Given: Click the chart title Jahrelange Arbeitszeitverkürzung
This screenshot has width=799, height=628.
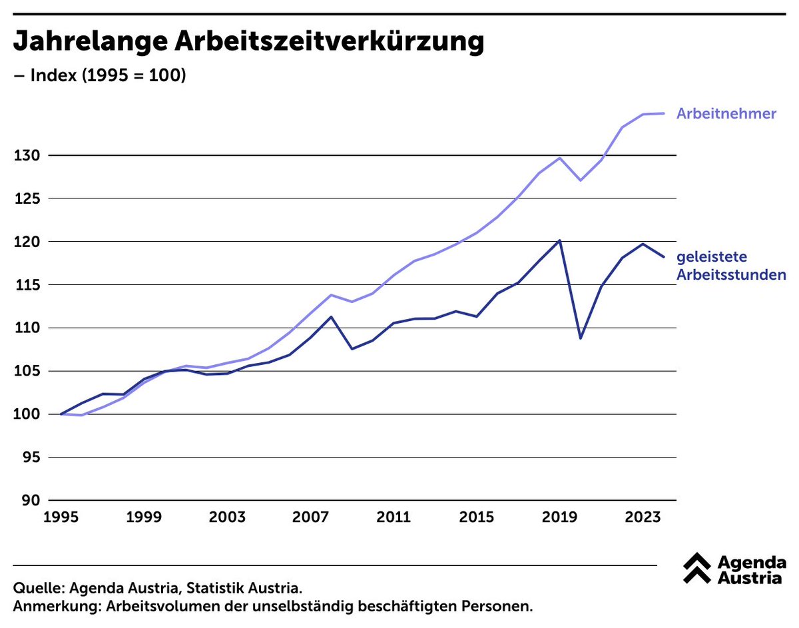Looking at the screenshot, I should pos(248,41).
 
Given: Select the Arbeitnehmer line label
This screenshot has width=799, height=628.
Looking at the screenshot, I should pos(726,114).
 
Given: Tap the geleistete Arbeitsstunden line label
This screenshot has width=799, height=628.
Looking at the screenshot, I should pos(731,266).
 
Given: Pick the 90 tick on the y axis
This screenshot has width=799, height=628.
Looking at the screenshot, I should pos(29,501).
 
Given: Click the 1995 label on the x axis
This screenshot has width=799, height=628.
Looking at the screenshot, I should pos(61,517).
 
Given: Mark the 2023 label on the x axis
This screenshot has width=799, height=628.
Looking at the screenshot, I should pos(642,517).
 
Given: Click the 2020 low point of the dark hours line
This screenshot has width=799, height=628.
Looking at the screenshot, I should pos(580,338).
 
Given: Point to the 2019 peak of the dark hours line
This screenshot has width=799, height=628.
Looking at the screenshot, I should pos(559,240).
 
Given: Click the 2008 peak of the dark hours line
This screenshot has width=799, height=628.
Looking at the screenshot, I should pos(331,316).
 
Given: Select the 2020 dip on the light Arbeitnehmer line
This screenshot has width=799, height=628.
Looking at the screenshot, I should pos(580,180).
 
